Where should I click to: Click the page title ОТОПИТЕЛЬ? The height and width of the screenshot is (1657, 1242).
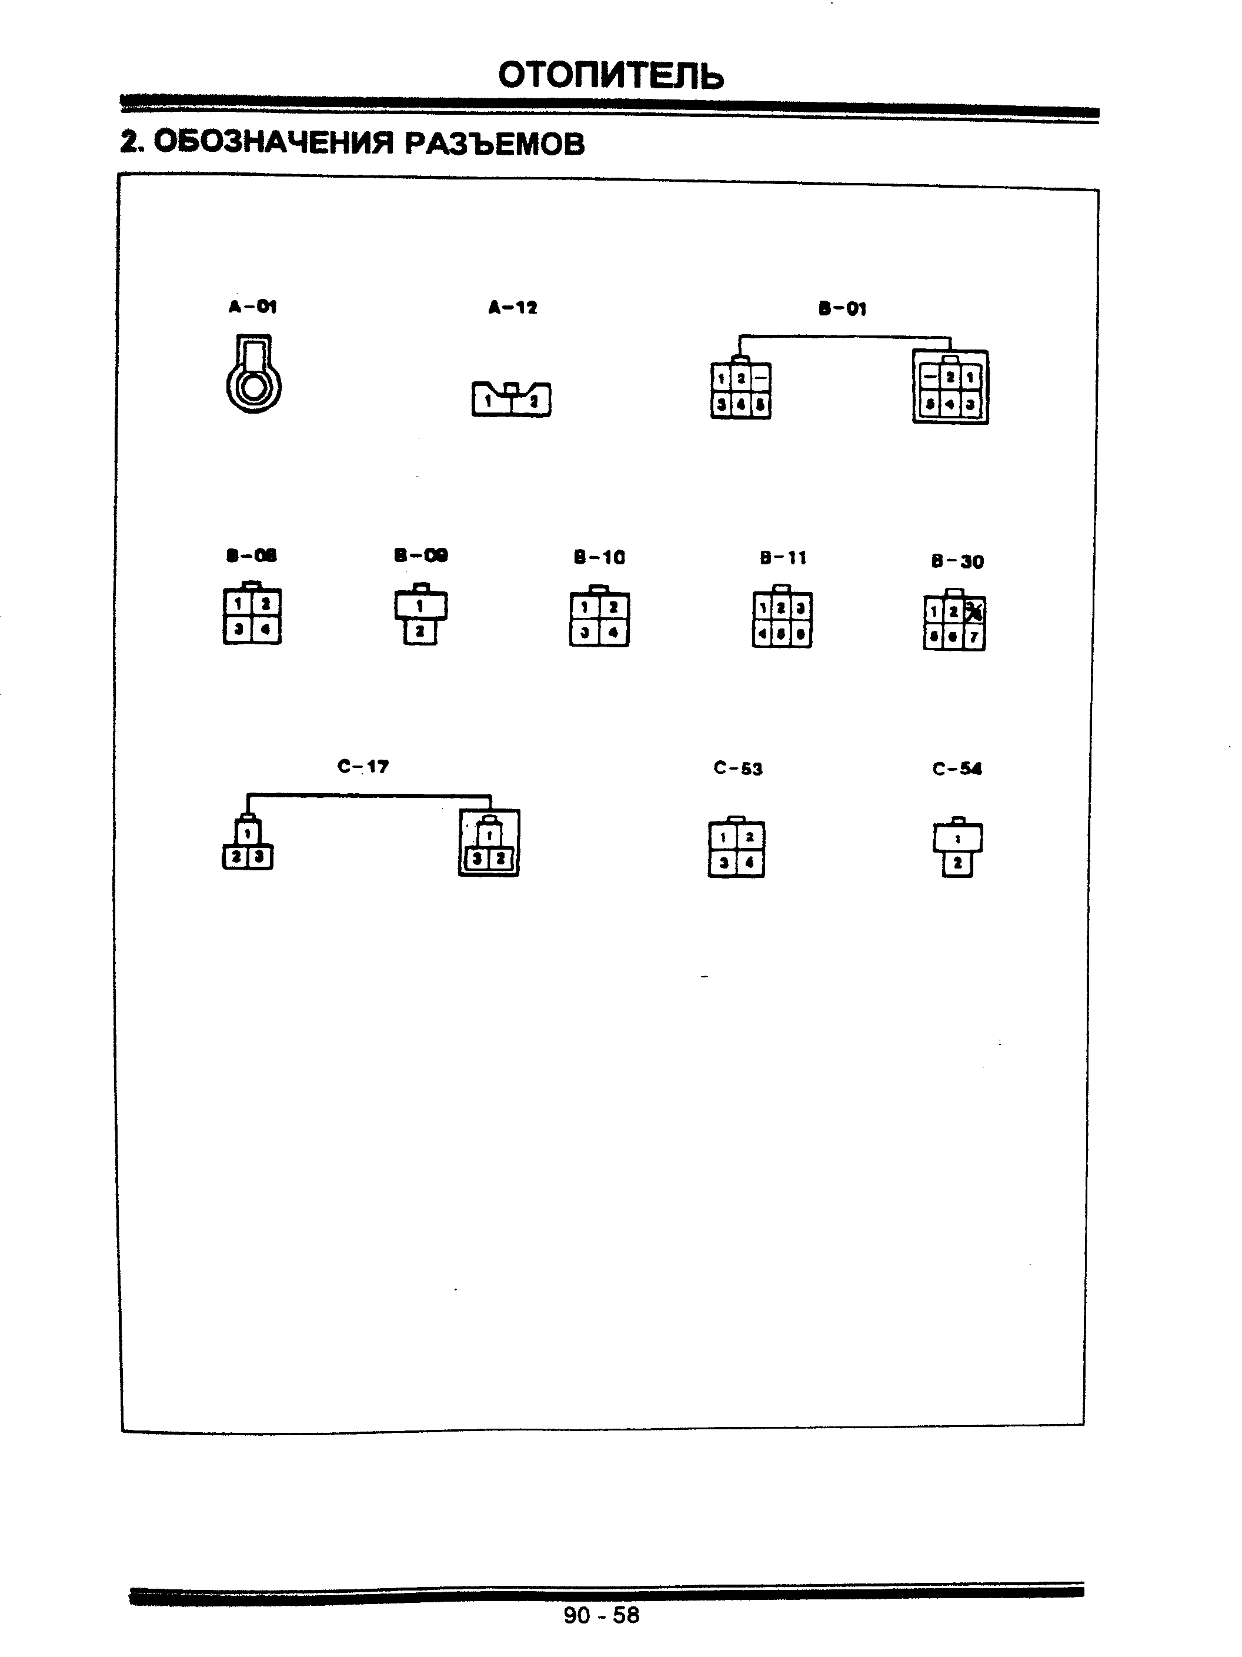[x=610, y=76]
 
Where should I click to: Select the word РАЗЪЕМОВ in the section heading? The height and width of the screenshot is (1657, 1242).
[x=494, y=143]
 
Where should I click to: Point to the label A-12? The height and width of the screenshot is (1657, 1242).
[x=513, y=307]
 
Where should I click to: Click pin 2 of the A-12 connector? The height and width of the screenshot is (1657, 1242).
[x=534, y=401]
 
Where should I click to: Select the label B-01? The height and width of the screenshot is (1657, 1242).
[x=842, y=308]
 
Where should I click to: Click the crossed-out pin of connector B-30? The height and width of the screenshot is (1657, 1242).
[x=974, y=612]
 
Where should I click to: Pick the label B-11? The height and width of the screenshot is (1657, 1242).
[x=783, y=557]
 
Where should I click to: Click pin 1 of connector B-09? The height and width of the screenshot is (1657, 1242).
[x=420, y=605]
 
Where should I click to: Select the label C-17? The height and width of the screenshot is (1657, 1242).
[x=363, y=766]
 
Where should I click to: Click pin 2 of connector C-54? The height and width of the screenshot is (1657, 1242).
[x=957, y=864]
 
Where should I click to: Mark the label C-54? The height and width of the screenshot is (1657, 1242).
[x=957, y=768]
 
